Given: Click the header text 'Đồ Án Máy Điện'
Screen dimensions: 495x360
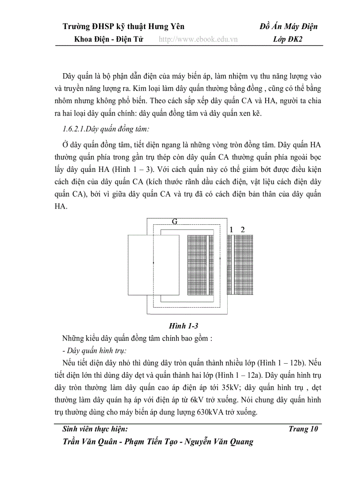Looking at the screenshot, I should tap(289, 27).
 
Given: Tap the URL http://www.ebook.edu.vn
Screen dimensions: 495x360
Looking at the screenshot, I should tap(198, 39).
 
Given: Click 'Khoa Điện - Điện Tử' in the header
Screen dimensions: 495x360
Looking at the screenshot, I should tap(109, 39).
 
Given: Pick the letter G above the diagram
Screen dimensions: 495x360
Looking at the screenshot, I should tap(175, 222).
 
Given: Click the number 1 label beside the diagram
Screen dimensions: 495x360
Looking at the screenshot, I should tap(231, 229).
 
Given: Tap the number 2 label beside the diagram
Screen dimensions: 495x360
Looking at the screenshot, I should tap(242, 229).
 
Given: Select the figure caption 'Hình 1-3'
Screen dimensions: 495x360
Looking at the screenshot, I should tap(184, 326).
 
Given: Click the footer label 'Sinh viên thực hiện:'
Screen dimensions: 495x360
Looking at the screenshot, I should tap(96, 429).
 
